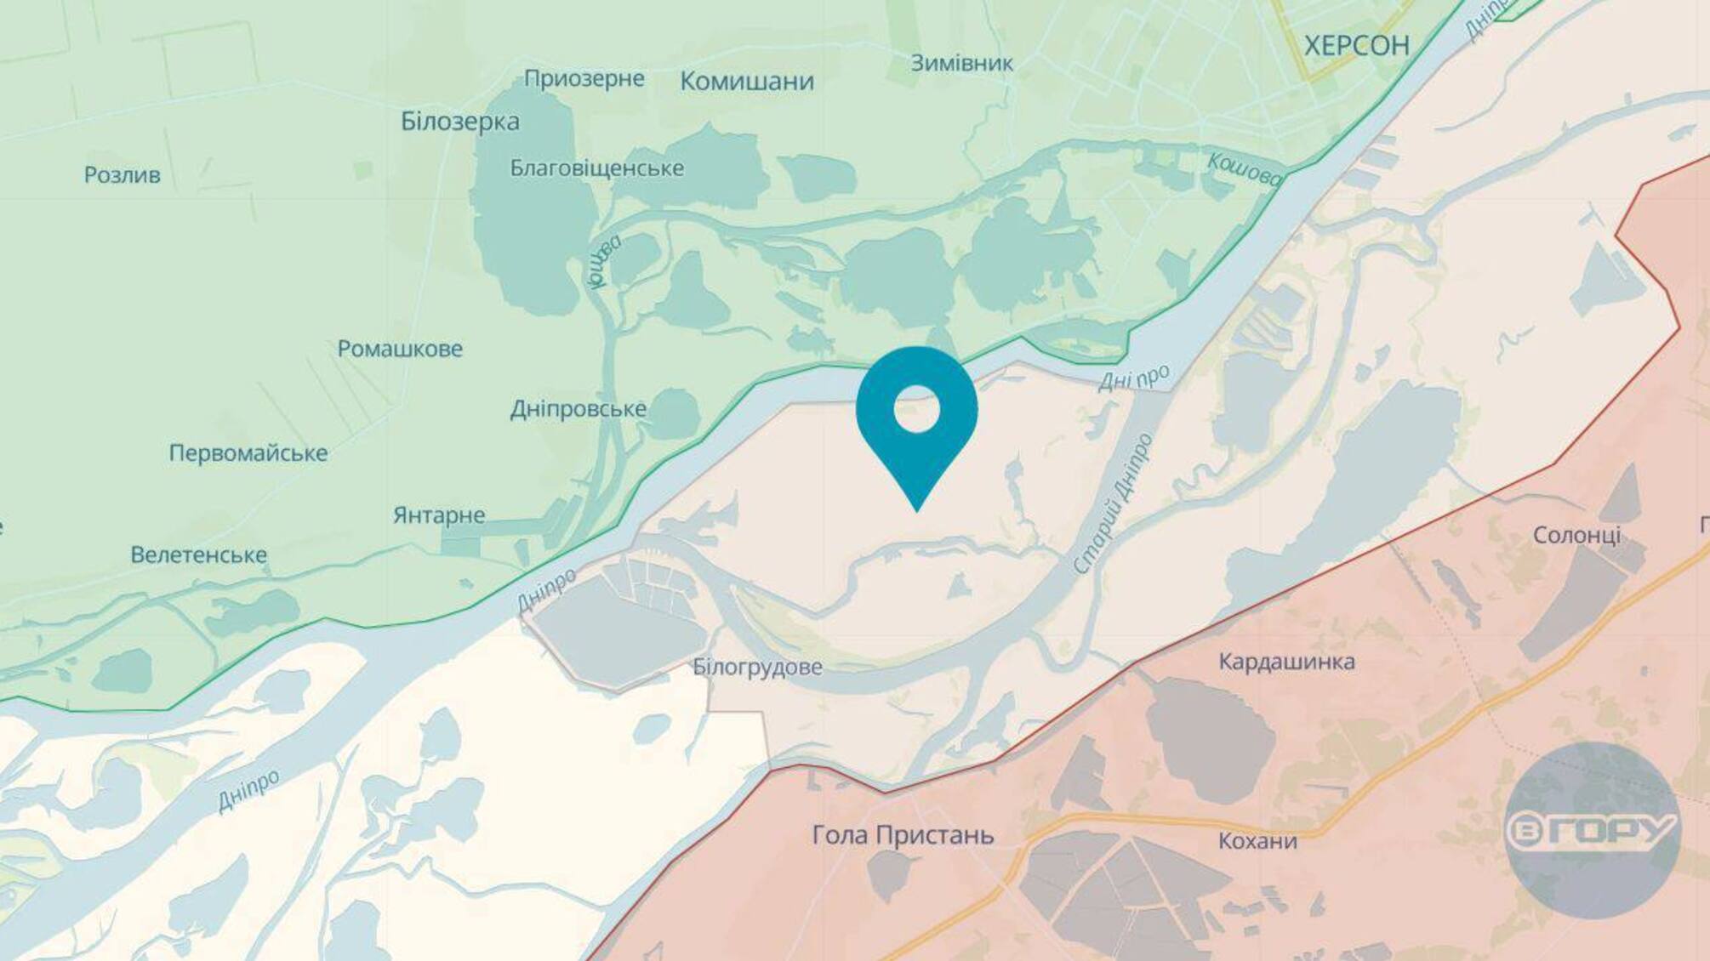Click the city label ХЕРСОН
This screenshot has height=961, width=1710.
pos(1356,45)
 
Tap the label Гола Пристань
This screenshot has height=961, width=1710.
pos(903,835)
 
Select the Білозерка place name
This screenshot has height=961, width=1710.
pos(460,122)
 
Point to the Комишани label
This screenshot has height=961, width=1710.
pos(747,82)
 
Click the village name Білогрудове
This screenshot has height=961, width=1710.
pos(757,667)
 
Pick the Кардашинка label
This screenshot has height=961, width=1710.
pos(1286,662)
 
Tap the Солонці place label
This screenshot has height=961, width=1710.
pos(1576,535)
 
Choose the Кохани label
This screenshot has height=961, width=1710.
pos(1257,841)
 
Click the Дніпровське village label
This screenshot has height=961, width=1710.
pos(578,409)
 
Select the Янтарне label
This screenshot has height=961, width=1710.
pos(439,515)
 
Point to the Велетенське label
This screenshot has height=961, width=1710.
pos(198,555)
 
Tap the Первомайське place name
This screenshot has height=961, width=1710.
pos(248,453)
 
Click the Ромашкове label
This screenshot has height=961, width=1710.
pos(400,349)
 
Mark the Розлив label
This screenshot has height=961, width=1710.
pos(122,175)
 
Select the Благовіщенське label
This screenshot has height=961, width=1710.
pos(596,168)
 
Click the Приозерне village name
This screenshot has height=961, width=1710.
pos(584,79)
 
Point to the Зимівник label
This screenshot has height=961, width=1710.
pos(961,63)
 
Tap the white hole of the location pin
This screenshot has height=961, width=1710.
pos(916,409)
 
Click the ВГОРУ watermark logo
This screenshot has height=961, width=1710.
pos(1591,830)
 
